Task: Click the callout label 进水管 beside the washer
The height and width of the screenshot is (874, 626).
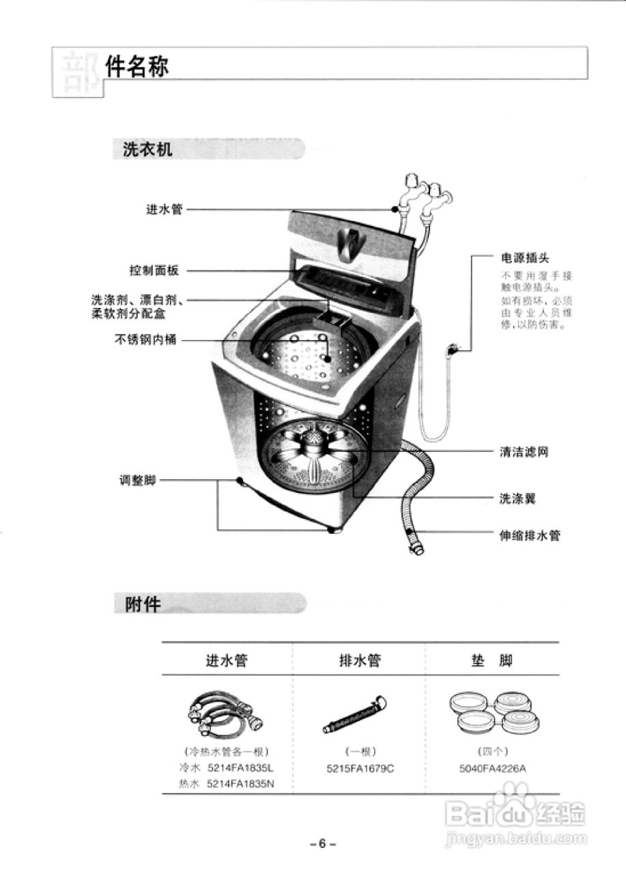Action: click(164, 209)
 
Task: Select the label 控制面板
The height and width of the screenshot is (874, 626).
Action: click(154, 271)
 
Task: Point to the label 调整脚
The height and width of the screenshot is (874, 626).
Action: click(138, 480)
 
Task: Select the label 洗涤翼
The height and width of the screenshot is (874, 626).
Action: click(517, 498)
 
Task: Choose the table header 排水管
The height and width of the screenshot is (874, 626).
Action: click(360, 660)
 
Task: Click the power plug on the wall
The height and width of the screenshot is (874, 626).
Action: click(452, 350)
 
